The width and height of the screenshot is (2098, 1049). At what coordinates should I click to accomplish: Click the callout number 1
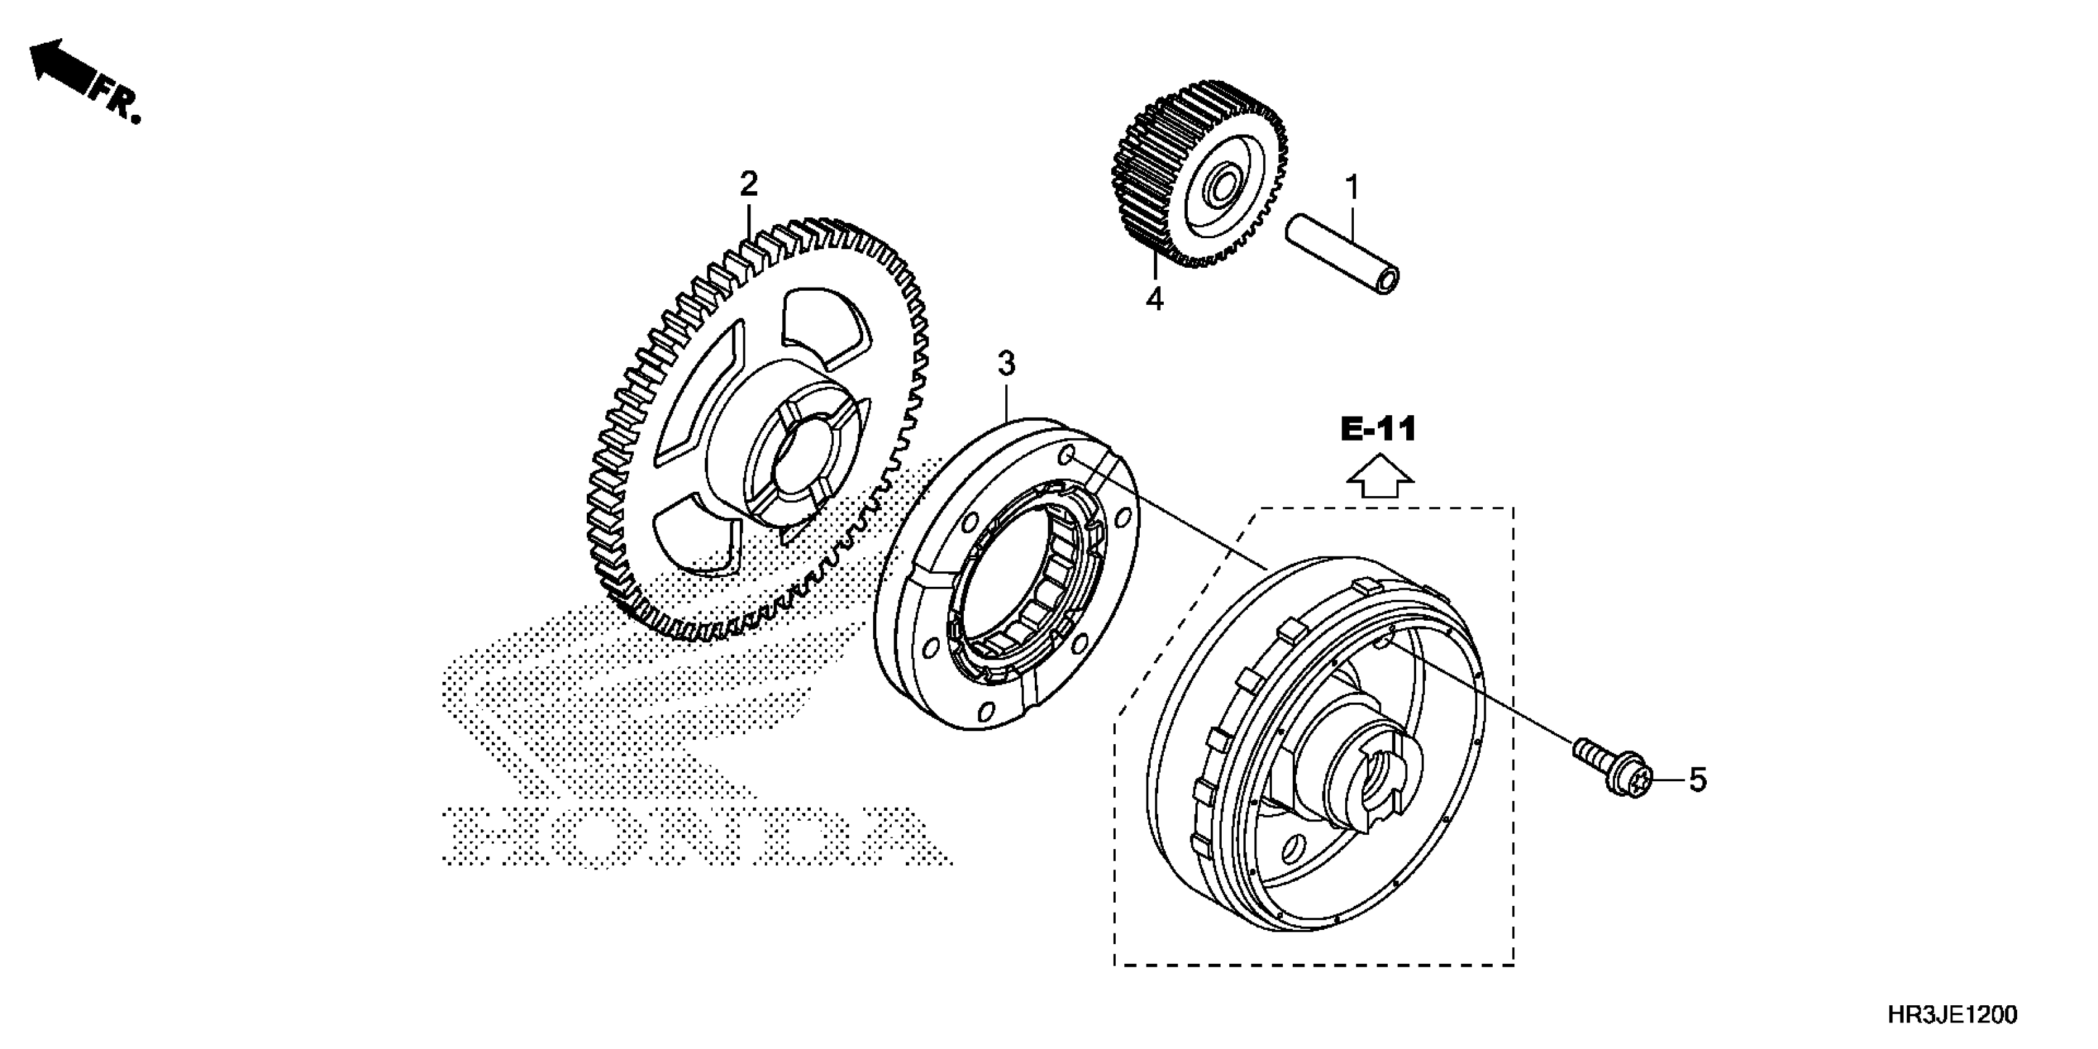(x=1352, y=188)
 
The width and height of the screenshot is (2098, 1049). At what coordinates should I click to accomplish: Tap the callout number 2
(x=748, y=184)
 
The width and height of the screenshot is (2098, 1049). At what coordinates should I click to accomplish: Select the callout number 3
(x=1006, y=364)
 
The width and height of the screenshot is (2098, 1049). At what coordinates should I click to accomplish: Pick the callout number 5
(x=1698, y=780)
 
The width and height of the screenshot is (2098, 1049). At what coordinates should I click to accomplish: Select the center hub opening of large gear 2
(x=802, y=464)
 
